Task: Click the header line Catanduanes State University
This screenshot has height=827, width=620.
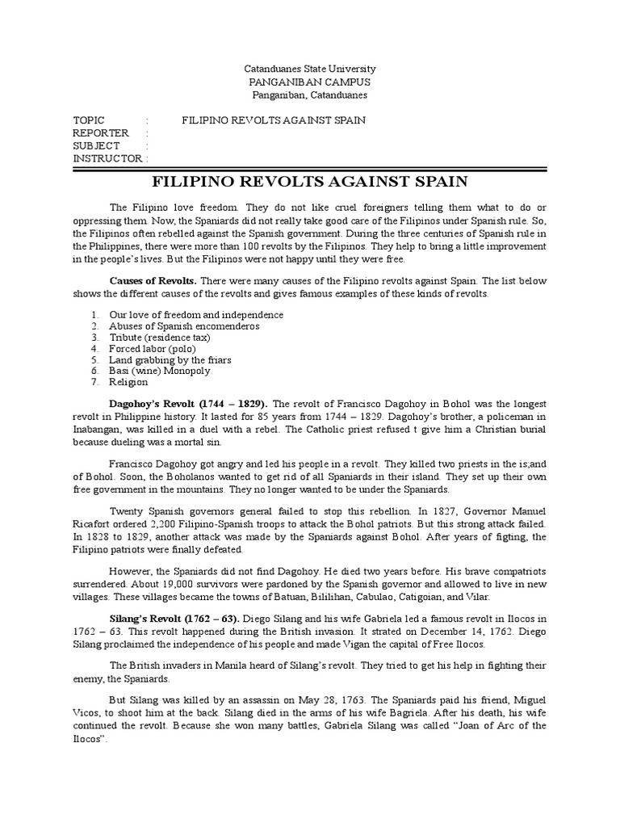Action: tap(311, 69)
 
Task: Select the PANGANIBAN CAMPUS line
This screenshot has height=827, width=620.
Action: tap(311, 82)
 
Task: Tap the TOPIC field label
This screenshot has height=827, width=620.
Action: tap(88, 120)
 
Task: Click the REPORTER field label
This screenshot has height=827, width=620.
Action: tap(100, 133)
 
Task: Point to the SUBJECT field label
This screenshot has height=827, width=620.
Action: tap(96, 146)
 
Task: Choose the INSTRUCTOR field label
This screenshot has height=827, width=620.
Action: tap(107, 159)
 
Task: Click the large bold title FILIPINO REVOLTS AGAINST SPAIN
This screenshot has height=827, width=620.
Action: tap(311, 181)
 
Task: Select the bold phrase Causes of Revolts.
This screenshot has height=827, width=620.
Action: tap(153, 279)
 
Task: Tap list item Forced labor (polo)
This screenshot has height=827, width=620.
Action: tap(153, 348)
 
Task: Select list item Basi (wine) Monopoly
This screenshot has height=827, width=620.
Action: tap(159, 371)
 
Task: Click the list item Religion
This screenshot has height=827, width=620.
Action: tap(128, 382)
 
